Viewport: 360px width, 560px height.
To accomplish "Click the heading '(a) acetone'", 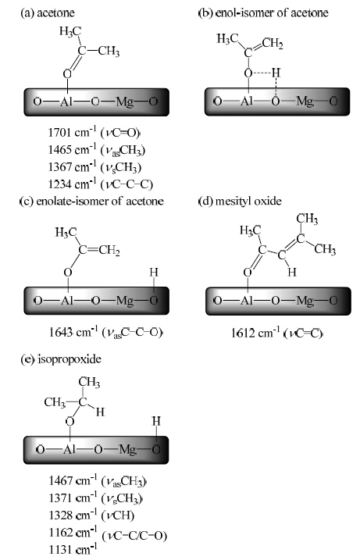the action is point(48,13).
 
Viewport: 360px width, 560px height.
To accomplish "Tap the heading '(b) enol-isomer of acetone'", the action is point(263,13).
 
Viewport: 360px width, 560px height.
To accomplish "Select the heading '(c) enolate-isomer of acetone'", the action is point(91,201).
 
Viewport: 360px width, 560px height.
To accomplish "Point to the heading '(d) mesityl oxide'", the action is point(240,201).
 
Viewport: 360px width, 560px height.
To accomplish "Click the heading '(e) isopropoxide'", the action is point(61,359).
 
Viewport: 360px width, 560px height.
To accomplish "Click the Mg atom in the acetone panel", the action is point(124,102).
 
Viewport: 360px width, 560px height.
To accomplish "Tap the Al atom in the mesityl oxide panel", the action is point(248,301).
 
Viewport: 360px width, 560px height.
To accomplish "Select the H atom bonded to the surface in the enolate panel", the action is point(154,273).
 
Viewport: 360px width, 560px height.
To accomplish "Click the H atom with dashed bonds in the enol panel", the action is point(276,73).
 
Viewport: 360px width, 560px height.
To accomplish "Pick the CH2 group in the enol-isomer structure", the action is point(273,44).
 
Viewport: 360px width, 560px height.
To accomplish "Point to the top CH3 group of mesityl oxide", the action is point(307,219).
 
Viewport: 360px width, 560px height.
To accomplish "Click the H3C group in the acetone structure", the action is point(70,32).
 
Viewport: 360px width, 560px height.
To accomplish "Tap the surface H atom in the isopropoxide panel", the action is point(156,422).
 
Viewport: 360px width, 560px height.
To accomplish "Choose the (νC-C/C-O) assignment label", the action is point(134,535).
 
